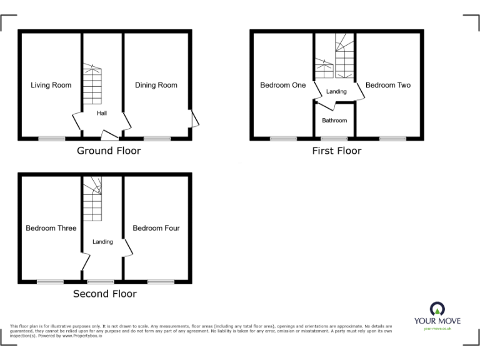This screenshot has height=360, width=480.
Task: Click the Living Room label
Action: (51, 85)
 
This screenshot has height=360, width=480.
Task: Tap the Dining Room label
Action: (156, 85)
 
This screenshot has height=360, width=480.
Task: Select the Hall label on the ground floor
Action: (101, 113)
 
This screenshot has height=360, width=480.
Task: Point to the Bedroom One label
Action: (283, 85)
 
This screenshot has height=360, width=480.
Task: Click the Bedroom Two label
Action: (388, 85)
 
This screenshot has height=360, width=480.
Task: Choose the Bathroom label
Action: (334, 120)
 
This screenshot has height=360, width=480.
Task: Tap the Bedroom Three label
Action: (51, 228)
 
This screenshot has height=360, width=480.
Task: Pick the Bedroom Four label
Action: (156, 228)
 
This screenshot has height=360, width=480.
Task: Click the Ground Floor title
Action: (109, 151)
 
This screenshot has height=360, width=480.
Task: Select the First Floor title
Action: (337, 151)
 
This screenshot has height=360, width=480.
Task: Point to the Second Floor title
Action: (105, 294)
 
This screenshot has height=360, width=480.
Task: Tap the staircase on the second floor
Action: (92, 198)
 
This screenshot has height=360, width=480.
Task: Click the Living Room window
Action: (51, 138)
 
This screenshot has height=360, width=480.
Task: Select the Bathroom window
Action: (334, 138)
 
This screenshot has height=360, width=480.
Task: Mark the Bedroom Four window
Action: (161, 281)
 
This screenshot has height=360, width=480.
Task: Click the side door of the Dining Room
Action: (194, 118)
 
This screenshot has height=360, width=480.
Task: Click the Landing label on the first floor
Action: (337, 92)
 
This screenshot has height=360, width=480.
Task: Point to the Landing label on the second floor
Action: (102, 242)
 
